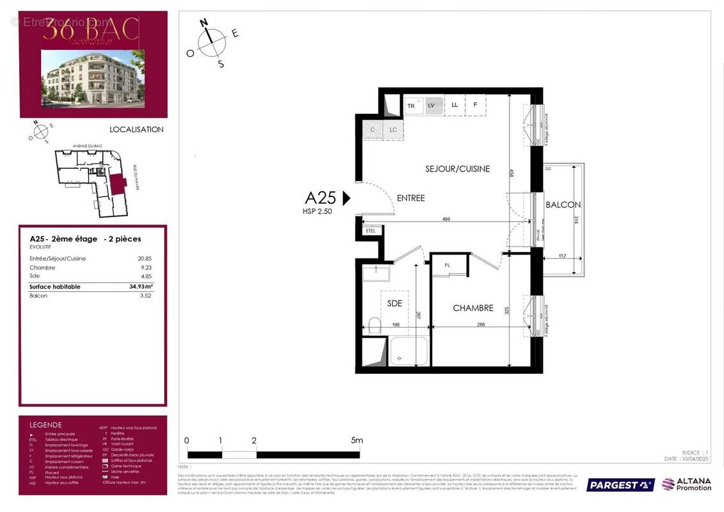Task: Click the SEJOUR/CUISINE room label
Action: (458, 169)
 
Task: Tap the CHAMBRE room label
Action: (473, 308)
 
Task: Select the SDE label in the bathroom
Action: (394, 303)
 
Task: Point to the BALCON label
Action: (563, 205)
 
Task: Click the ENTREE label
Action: (410, 198)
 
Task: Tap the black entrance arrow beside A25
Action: (346, 198)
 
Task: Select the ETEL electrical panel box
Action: (371, 230)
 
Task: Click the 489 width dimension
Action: (446, 219)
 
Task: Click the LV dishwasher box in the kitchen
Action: (431, 106)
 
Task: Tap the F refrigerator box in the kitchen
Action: (474, 105)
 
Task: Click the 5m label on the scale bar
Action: (357, 440)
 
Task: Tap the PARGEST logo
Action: (620, 484)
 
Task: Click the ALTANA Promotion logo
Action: (687, 484)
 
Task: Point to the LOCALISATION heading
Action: (136, 129)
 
